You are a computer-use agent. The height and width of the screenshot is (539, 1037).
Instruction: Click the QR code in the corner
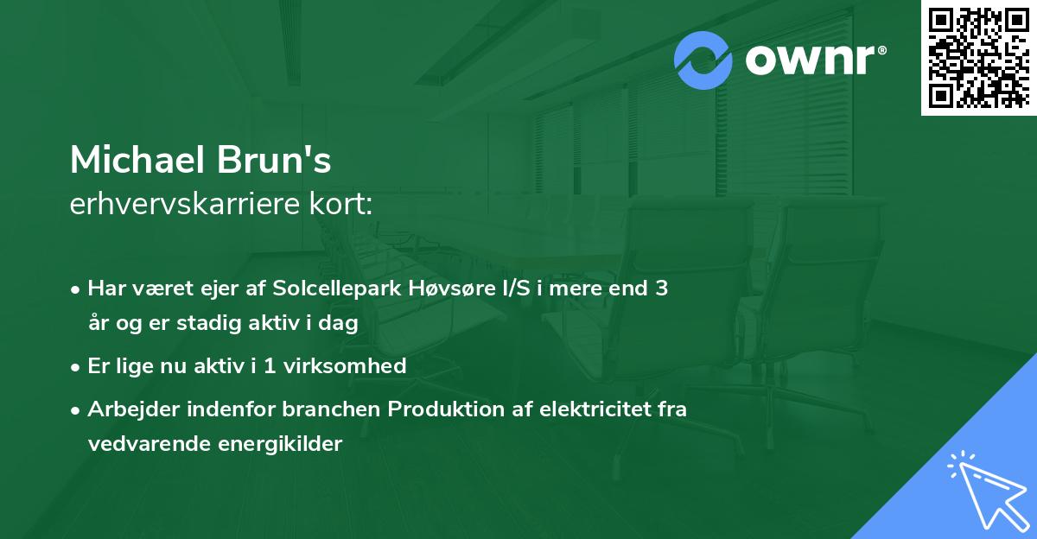tap(978, 58)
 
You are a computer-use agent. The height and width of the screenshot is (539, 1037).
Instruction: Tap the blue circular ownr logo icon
tap(703, 60)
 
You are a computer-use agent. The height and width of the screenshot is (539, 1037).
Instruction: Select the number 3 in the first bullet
tap(661, 289)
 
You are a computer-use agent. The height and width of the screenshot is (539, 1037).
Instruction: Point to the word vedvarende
tap(143, 444)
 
